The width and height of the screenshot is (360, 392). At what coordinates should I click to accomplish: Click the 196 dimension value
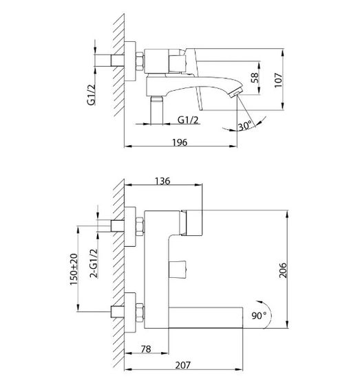point(180,142)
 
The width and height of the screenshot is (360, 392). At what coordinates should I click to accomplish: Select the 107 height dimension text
point(278,80)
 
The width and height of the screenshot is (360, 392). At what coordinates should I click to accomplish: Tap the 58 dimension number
point(255,78)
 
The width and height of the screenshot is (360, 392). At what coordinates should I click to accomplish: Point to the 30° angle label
point(245,125)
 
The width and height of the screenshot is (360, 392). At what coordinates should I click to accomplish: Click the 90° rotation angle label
point(260,315)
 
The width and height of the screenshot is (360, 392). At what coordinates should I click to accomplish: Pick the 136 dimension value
point(162,181)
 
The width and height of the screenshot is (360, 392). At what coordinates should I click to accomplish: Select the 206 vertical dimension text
point(283,270)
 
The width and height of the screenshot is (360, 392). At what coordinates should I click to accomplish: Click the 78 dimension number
point(146,349)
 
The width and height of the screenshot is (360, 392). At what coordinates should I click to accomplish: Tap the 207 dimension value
point(182,365)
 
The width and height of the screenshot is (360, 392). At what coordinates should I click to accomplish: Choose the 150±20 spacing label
point(74,270)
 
